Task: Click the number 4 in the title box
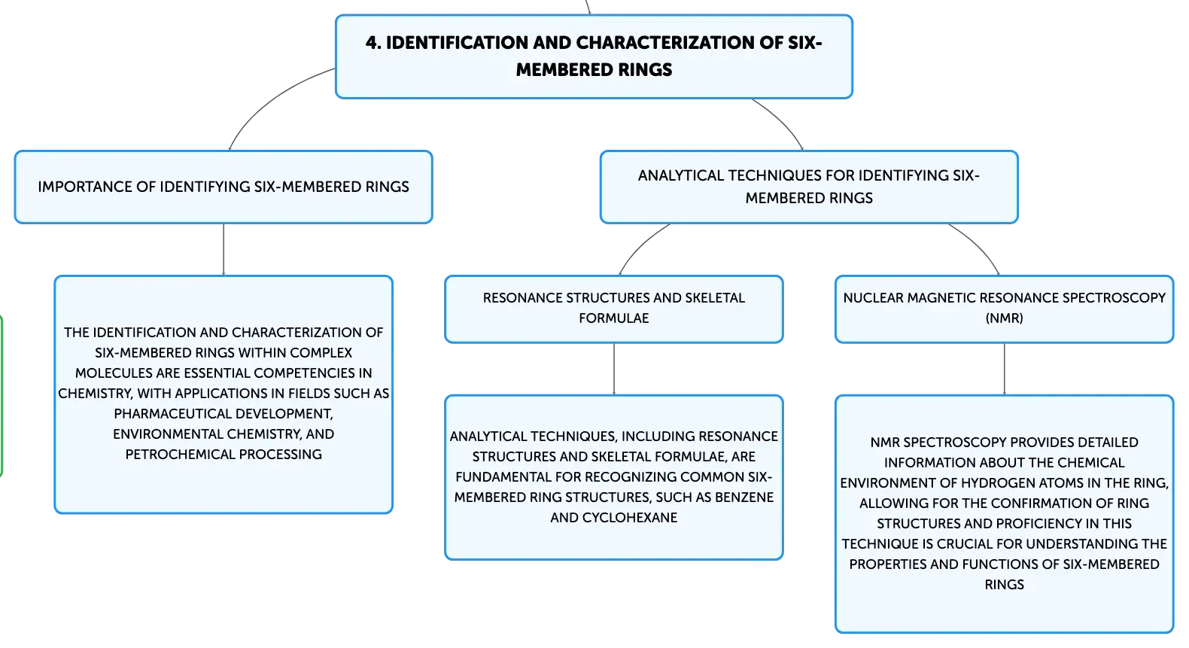click(x=373, y=42)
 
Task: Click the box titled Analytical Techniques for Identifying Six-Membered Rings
click(x=809, y=187)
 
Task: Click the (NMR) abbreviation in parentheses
click(x=1005, y=318)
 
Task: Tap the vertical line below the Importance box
click(x=224, y=249)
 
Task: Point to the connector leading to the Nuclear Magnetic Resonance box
click(x=978, y=245)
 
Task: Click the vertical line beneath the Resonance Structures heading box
click(x=614, y=369)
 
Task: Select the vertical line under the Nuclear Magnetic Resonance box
click(x=1005, y=369)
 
